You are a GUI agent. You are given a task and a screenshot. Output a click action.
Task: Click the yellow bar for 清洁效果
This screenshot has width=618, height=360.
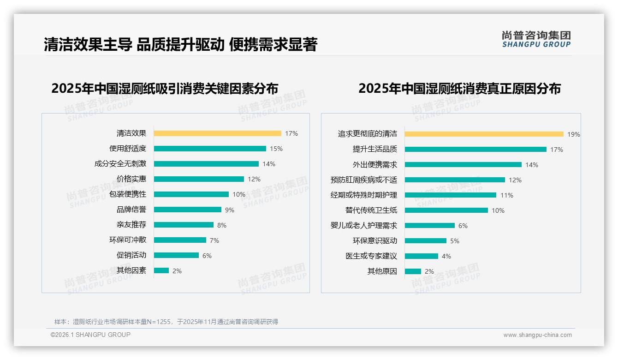coord(217,133)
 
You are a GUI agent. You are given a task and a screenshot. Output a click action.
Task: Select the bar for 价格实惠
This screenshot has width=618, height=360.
coord(199,179)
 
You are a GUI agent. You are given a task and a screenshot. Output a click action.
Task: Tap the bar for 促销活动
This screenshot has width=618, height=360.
coord(176,255)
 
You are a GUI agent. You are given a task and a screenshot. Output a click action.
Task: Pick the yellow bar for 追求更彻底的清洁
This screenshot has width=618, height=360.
coord(484,134)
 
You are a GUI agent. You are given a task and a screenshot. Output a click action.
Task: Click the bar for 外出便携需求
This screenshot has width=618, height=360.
coord(463,165)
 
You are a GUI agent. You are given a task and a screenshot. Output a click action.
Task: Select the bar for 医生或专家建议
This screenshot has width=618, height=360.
coord(422,256)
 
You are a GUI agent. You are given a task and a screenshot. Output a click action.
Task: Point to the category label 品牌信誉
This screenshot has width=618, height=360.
coord(131,210)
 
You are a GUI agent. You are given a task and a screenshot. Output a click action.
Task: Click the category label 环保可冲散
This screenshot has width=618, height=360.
coord(127,240)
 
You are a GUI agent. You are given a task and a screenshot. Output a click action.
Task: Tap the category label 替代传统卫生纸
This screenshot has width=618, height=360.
coord(371,210)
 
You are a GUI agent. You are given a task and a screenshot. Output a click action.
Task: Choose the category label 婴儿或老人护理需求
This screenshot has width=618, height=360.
coord(363,226)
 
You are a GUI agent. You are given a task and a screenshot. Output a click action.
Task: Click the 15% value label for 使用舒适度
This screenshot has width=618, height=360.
coord(276,149)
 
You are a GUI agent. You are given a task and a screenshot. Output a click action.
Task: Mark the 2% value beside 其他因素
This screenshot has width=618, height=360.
coord(177,271)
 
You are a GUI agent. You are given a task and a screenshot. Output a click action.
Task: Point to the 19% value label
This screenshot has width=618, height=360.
coord(573,134)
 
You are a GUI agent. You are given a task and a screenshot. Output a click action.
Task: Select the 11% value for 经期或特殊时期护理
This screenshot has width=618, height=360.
coord(506,195)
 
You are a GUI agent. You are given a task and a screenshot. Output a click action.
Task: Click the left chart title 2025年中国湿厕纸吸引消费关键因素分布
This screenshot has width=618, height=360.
coord(165,88)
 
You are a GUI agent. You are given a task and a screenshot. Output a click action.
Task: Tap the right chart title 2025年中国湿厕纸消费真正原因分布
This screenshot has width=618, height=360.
coord(459,88)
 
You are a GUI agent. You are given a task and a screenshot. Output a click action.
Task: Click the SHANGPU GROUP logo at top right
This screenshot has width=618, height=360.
coord(536,39)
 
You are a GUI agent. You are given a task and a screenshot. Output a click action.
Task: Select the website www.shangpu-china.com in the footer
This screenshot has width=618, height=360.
coord(537,335)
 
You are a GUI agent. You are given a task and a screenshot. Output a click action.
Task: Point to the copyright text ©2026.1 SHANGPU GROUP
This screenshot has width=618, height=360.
coord(90,335)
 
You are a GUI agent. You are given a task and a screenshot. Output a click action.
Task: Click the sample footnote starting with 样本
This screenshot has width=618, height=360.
coord(166,322)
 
